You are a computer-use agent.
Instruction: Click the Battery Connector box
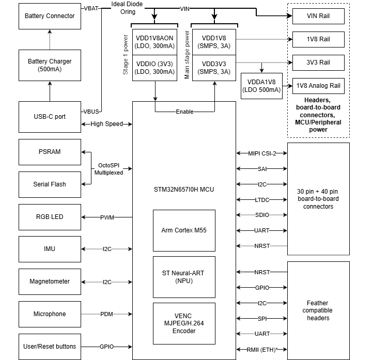pos(50,16)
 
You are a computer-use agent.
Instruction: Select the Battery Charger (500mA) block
pos(50,65)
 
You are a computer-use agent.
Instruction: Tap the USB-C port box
pos(50,117)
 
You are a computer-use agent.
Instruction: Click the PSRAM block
pos(50,152)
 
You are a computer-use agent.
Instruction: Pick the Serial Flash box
pos(50,184)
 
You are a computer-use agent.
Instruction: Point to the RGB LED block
pos(50,217)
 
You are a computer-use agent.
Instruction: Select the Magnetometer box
pos(50,281)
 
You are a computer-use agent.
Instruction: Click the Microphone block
pos(50,314)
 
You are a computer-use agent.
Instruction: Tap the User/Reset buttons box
pos(50,347)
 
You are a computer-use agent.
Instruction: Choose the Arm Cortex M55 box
pos(184,230)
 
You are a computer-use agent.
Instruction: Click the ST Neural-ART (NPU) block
pos(184,277)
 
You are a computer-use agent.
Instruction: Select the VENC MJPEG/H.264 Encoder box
pos(184,323)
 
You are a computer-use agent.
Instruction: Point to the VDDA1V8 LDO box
pos(261,86)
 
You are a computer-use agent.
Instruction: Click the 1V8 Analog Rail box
pos(318,86)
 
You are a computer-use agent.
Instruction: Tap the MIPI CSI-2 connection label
pos(262,153)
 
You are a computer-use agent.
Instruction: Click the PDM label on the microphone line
pos(107,314)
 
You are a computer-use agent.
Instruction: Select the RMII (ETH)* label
pos(262,350)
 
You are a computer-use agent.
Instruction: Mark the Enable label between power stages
pos(184,112)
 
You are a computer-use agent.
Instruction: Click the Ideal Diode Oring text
pos(127,8)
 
